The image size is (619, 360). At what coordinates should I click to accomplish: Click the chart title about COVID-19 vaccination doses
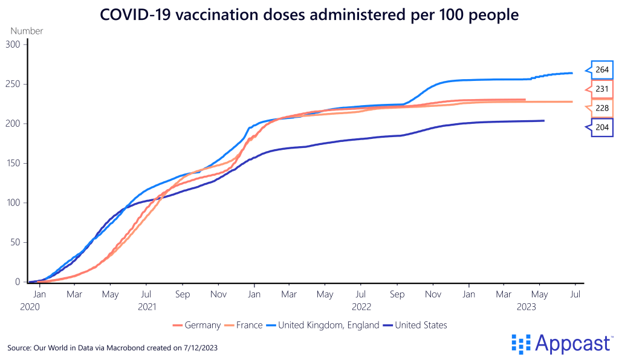[309, 14]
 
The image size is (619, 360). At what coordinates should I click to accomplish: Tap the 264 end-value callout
[601, 69]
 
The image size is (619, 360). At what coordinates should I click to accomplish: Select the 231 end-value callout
[601, 89]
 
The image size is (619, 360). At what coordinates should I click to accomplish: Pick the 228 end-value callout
[601, 108]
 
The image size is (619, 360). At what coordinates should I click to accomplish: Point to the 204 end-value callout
[601, 127]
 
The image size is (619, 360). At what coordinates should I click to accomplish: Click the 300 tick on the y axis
[13, 45]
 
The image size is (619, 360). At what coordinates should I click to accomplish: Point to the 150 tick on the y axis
[13, 163]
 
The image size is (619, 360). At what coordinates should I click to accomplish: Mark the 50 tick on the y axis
[16, 242]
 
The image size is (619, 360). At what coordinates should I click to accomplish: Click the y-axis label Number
[27, 31]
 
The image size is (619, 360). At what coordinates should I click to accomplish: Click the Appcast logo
[562, 343]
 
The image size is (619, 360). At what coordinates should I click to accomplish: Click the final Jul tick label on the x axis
[575, 294]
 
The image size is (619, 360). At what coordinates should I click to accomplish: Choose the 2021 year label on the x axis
[147, 307]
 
